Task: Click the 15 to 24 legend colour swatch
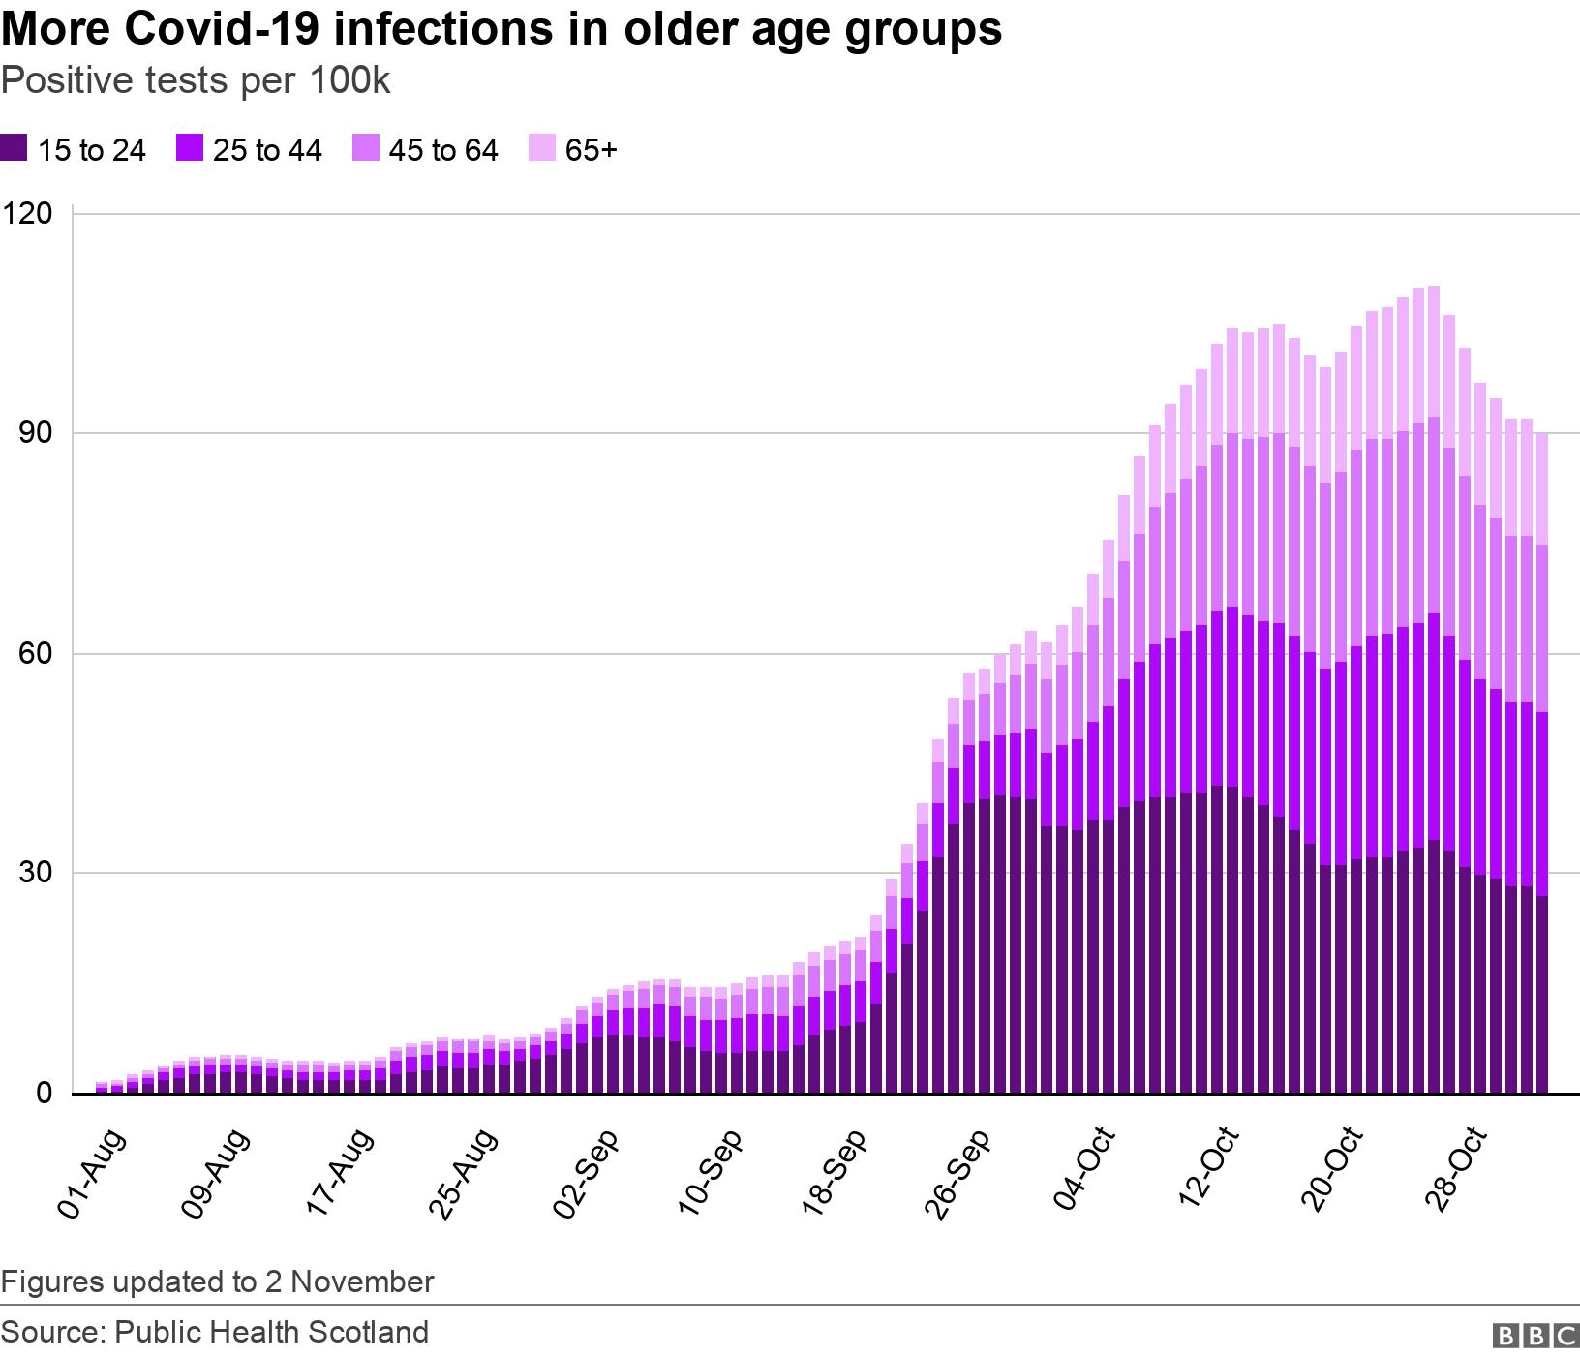[x=14, y=148]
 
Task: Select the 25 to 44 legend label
[x=266, y=150]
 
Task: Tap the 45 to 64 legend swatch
[x=365, y=148]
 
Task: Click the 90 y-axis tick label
[x=35, y=433]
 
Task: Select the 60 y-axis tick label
[x=35, y=654]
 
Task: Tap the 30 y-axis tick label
[x=35, y=874]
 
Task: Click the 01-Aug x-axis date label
[x=92, y=1172]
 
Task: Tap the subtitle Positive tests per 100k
[x=196, y=81]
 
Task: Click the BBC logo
[x=1536, y=1336]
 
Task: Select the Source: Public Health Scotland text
[x=215, y=1332]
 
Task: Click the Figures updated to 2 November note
[x=217, y=1281]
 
